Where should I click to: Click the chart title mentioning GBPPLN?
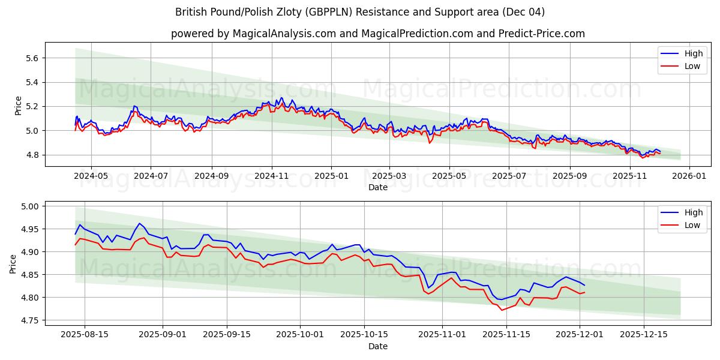[360, 12]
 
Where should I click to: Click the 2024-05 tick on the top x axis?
[91, 176]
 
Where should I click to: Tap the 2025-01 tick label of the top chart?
[331, 176]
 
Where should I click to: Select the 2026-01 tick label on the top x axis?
[689, 176]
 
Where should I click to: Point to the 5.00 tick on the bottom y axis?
[29, 206]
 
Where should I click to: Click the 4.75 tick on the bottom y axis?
[29, 320]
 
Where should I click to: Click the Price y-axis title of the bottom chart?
[13, 264]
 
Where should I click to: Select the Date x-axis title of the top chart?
[378, 187]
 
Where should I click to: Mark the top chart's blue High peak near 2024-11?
[281, 98]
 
